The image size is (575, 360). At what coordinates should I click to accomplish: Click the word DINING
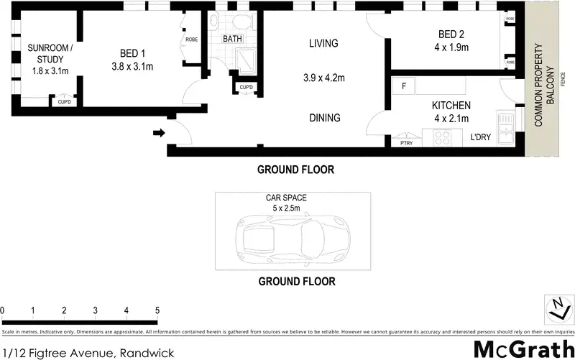[324, 118]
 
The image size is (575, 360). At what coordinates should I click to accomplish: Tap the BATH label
[232, 38]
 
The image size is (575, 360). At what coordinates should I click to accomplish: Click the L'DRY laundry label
[481, 137]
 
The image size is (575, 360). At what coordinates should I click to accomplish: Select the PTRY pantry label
[406, 143]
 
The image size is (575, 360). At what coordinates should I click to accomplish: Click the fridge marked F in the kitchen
[405, 87]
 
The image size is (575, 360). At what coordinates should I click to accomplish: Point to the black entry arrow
[160, 132]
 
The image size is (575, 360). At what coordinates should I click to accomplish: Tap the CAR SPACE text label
[292, 198]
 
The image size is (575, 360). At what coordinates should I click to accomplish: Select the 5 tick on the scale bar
[157, 310]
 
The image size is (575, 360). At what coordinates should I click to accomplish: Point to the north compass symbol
[557, 310]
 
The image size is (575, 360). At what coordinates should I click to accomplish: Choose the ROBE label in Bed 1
[192, 40]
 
